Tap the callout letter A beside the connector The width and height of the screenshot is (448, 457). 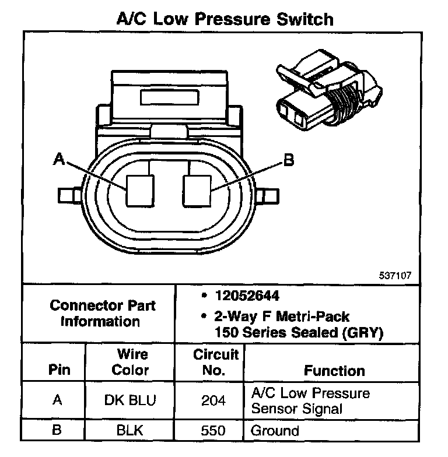click(58, 159)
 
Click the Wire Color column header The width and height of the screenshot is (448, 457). click(130, 362)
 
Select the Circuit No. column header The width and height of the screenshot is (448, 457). click(216, 362)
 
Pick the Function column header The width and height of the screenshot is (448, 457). click(334, 370)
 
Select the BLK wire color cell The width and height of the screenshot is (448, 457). click(130, 432)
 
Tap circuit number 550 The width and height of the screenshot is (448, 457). click(216, 432)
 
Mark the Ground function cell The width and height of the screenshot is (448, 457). click(275, 432)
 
